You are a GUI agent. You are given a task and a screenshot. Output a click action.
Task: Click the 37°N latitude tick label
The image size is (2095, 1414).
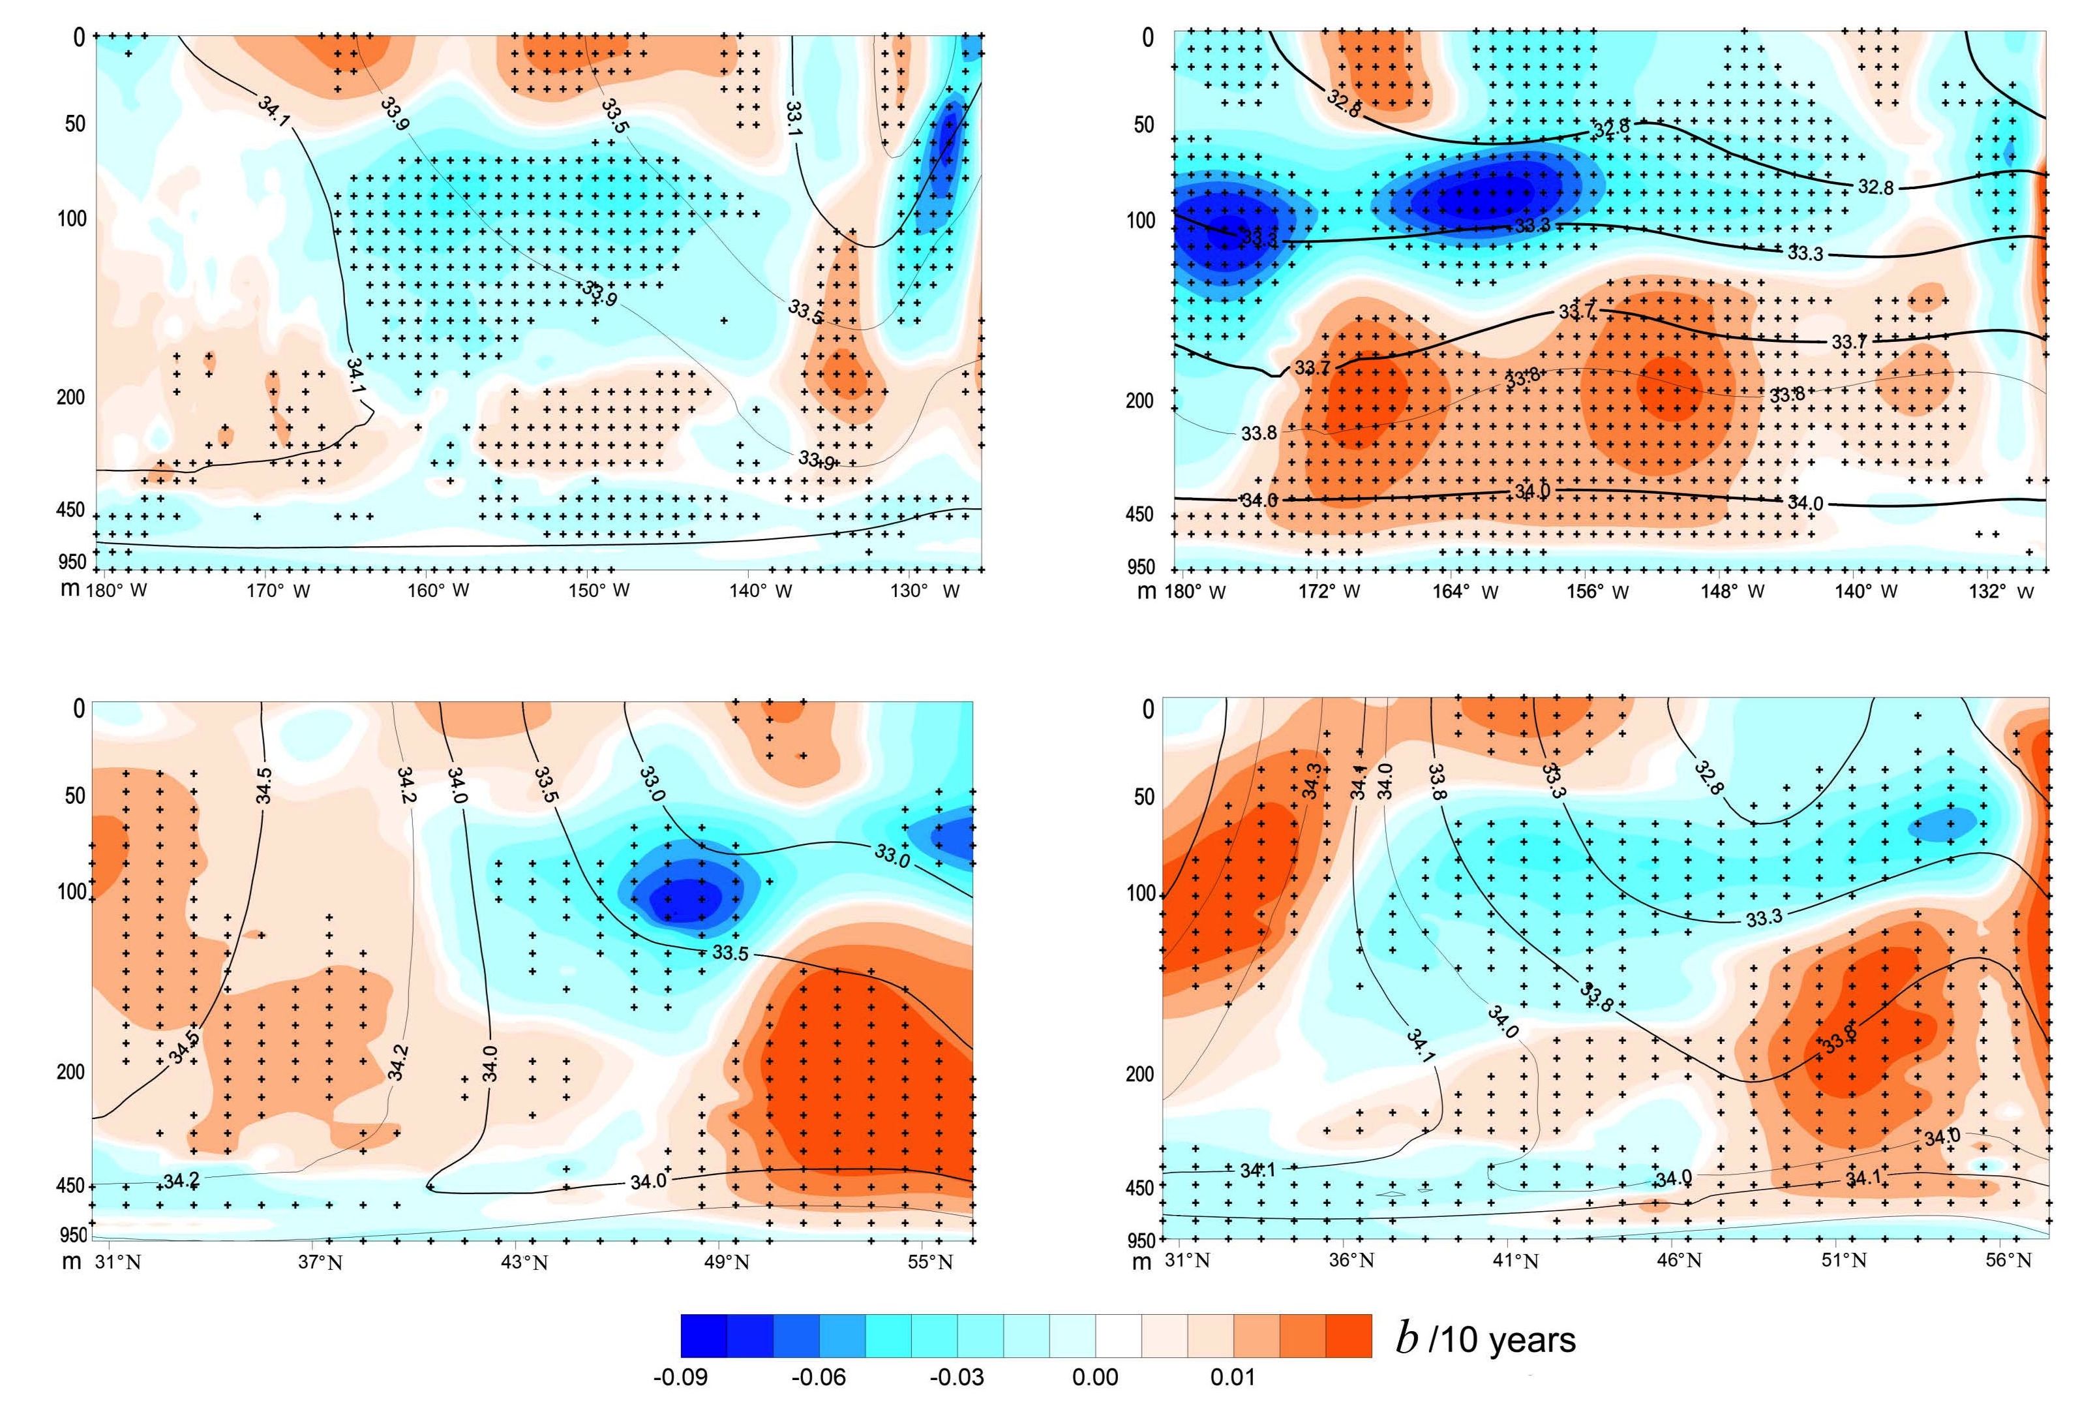[320, 1261]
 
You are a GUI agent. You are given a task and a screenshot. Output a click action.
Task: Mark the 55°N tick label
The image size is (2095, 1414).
[930, 1261]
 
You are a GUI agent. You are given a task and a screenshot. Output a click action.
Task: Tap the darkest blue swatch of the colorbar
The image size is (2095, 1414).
[704, 1336]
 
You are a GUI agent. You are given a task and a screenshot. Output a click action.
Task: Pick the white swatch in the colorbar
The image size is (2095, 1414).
[1119, 1336]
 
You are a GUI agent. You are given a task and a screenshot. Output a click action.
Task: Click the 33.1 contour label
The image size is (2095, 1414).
[793, 118]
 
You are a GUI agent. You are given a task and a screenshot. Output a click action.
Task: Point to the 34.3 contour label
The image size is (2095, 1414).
[1312, 780]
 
